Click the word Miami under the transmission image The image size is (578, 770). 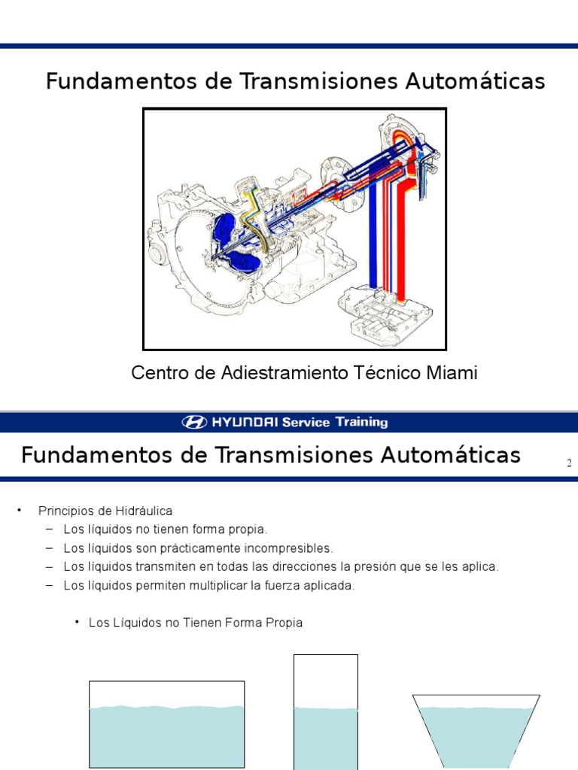click(x=453, y=373)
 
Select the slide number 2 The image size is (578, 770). click(x=569, y=463)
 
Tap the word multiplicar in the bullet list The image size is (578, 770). click(x=212, y=586)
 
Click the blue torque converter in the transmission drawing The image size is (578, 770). click(x=236, y=242)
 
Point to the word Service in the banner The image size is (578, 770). click(x=306, y=422)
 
